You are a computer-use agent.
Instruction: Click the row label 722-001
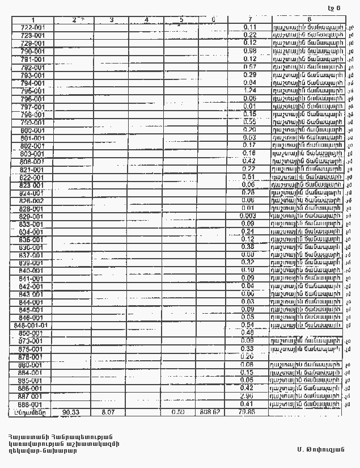point(33,27)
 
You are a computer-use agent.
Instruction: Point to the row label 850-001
point(33,334)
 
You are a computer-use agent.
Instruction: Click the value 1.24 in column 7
point(249,90)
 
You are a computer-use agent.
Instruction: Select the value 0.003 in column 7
point(248,216)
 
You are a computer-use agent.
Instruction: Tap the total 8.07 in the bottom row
point(108,412)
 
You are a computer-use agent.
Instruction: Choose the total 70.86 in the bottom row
point(248,412)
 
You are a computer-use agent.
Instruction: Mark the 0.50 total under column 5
point(179,412)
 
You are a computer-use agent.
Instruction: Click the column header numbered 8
point(309,20)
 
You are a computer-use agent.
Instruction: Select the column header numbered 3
point(111,20)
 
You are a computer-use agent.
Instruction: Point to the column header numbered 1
point(33,20)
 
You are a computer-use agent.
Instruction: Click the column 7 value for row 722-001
point(249,27)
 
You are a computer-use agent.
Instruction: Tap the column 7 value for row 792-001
point(249,67)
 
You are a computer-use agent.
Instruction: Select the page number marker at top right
point(334,8)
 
